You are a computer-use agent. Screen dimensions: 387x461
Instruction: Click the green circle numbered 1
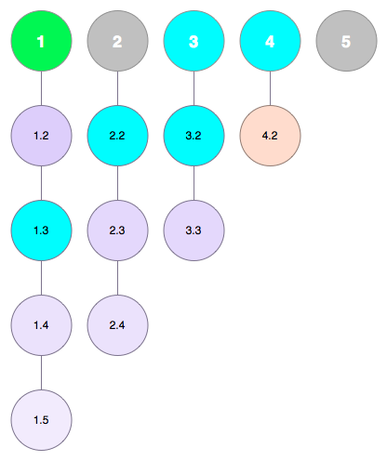[x=42, y=41]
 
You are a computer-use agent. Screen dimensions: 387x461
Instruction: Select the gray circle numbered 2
[x=117, y=41]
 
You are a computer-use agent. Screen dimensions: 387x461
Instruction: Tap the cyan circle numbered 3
[x=194, y=41]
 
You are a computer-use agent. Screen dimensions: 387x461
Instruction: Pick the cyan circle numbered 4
[x=270, y=41]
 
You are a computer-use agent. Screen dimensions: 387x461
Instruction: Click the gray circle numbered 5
[x=346, y=41]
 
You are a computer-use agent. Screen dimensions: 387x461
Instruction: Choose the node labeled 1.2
[x=42, y=136]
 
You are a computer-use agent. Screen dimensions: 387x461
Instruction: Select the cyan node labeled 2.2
[x=117, y=136]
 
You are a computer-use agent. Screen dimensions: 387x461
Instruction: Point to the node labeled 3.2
[x=194, y=136]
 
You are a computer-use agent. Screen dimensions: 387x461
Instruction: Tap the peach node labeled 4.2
[x=270, y=136]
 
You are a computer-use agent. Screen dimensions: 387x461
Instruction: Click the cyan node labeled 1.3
[x=42, y=230]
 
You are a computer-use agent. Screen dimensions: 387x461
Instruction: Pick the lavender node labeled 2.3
[x=117, y=230]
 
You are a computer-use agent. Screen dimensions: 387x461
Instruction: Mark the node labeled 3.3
[x=194, y=230]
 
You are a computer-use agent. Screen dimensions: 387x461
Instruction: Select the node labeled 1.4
[x=42, y=325]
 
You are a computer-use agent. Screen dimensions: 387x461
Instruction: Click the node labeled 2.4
[x=117, y=325]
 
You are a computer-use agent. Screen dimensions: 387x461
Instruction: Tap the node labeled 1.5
[x=42, y=420]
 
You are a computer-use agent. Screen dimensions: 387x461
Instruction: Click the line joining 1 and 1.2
[x=42, y=88]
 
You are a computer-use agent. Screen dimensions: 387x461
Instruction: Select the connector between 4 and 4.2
[x=270, y=88]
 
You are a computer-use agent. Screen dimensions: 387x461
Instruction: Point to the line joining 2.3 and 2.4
[x=117, y=278]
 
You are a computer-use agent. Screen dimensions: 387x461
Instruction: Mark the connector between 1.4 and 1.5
[x=42, y=373]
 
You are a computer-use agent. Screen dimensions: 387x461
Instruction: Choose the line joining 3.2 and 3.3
[x=194, y=183]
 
